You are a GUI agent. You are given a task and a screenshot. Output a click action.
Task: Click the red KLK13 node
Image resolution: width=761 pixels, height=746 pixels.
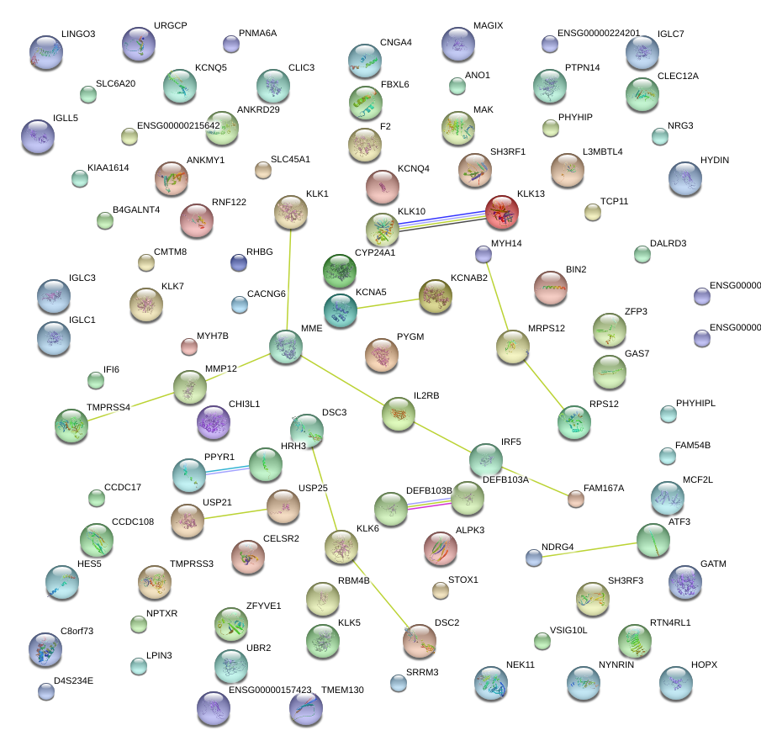coord(502,212)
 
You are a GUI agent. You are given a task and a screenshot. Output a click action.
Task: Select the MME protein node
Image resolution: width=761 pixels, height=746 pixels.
coord(286,347)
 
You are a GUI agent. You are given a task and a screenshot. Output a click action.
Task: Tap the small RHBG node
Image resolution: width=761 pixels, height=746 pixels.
coord(239,262)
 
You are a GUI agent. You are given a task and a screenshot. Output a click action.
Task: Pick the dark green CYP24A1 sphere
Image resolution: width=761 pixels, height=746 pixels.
coord(340,271)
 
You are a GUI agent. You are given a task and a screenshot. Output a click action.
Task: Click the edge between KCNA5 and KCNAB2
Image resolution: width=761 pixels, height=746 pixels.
coord(388,302)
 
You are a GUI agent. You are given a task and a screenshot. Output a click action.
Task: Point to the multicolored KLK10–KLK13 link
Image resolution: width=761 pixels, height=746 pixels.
coord(442,220)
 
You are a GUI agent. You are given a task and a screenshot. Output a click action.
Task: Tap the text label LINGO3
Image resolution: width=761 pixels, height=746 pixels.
coord(78,34)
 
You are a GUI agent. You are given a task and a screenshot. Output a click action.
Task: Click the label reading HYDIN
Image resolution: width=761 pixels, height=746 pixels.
coord(714,160)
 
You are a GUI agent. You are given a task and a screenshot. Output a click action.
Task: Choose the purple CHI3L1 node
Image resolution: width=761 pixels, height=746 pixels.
coord(214,422)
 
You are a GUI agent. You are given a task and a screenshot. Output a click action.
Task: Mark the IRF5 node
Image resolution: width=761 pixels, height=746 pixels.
coord(486,460)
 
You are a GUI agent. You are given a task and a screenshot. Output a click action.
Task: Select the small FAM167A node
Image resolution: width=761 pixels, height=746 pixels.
coord(576,499)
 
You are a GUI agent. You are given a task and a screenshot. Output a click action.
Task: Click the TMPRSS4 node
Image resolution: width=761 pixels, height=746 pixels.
coord(71,426)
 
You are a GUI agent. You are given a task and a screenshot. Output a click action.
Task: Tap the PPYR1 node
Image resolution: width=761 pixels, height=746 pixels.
coord(188,475)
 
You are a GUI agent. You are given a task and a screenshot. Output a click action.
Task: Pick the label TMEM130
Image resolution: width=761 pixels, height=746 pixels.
coord(342,690)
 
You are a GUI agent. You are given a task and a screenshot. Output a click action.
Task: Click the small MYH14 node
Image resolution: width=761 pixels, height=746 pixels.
coord(483,253)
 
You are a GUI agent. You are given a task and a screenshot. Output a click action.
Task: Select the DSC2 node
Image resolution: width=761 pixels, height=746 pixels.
coord(420,641)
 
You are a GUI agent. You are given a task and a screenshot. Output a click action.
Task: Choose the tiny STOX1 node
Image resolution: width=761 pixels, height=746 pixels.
coord(440,590)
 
